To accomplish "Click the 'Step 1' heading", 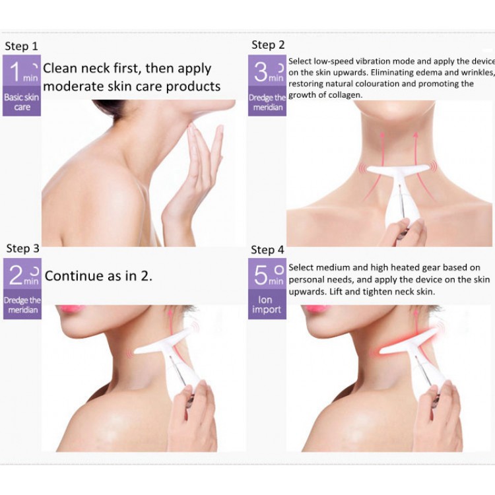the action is pos(22,46).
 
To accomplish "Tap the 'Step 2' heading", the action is pos(268,45).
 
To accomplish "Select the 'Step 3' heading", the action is pos(22,248).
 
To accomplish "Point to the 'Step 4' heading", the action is pos(268,250).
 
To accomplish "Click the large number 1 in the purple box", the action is pos(15,72).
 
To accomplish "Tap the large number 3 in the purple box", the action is pos(261,72).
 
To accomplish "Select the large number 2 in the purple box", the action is pos(16,275).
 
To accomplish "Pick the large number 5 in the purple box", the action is pos(261,275).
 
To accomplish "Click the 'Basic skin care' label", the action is pos(22,102).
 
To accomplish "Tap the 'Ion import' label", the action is pos(266,305).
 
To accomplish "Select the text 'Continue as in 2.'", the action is pos(98,276).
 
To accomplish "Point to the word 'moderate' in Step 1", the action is pos(73,86).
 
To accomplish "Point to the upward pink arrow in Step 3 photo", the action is pos(172,328).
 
